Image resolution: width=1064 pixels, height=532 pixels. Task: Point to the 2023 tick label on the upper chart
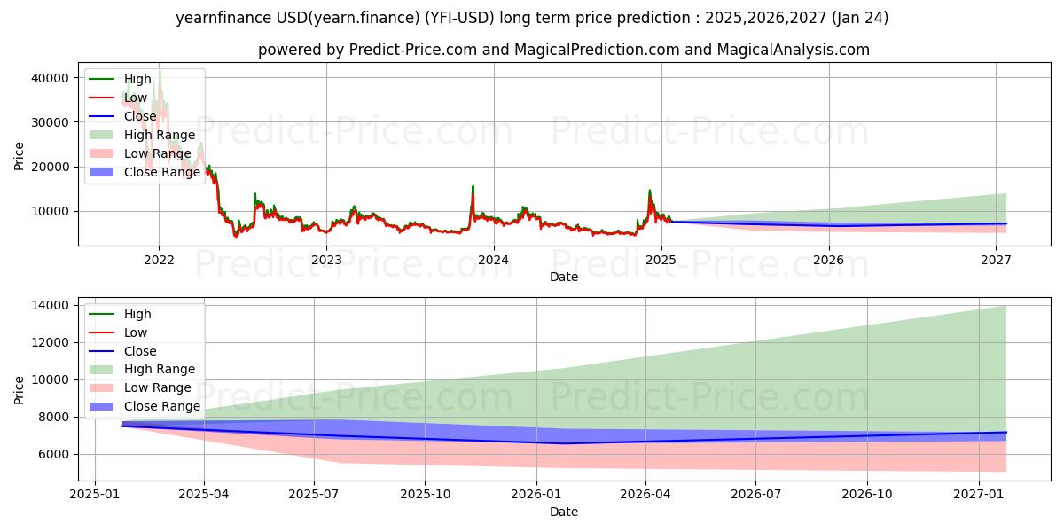(x=326, y=260)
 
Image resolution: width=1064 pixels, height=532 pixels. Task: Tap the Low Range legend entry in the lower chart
(x=158, y=387)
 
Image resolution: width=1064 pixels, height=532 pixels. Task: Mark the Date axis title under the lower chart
(x=563, y=512)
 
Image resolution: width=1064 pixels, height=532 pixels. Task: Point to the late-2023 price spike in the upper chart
(x=473, y=187)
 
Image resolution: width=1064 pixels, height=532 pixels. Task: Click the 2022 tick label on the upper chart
(x=159, y=260)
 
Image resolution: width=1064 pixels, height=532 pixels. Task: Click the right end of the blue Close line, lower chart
(x=1005, y=433)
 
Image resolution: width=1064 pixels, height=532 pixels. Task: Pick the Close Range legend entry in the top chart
(x=163, y=172)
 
